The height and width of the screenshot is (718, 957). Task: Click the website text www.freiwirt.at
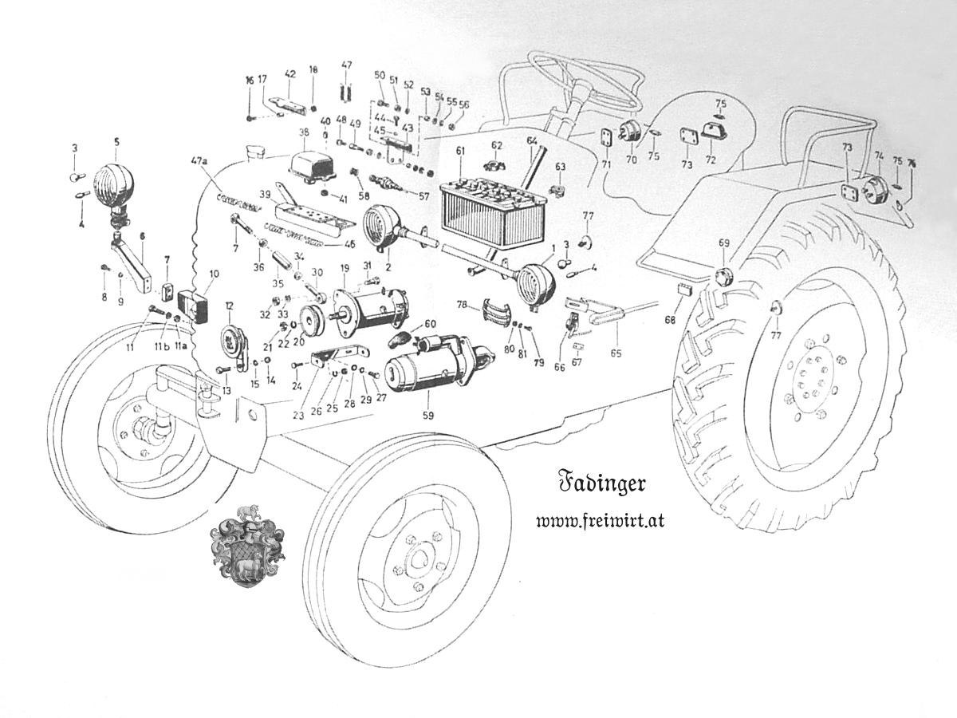click(x=601, y=521)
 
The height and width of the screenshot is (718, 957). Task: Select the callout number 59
click(x=428, y=416)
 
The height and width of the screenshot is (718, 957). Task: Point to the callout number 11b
click(x=162, y=346)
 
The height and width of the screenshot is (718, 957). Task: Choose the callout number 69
click(x=724, y=242)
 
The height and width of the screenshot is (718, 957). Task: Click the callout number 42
click(x=289, y=74)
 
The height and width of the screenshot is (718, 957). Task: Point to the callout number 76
click(x=912, y=163)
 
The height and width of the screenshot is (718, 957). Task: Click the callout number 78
click(x=463, y=306)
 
